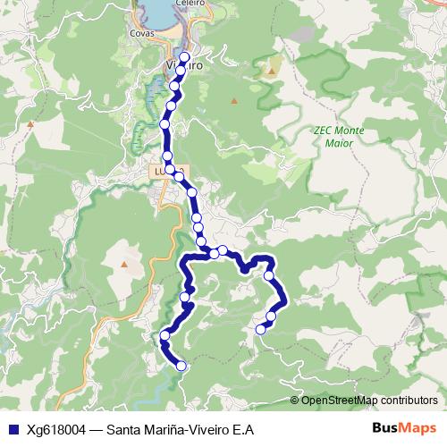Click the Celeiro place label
(166, 3)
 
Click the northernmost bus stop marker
(185, 58)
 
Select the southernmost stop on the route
(181, 365)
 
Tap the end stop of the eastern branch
(261, 330)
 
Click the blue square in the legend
(10, 428)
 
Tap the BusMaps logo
(404, 428)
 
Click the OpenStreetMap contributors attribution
(369, 400)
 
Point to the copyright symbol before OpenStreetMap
(295, 400)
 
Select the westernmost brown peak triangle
(30, 123)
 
